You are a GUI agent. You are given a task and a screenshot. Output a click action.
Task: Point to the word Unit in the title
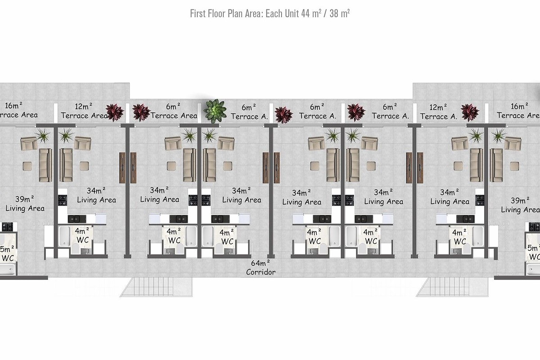292,13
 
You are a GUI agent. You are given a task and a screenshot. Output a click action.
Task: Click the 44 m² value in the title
311,13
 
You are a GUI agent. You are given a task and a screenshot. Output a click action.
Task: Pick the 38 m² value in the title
340,13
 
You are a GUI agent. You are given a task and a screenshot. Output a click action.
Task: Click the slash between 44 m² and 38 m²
325,14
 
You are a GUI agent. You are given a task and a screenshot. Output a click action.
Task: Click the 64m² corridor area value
260,263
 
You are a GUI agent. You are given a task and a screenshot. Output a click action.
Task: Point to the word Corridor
261,272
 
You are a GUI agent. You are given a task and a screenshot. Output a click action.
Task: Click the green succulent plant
215,111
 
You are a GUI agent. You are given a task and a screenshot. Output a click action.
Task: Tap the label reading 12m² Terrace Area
84,111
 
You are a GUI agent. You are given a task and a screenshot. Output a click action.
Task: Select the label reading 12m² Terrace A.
438,112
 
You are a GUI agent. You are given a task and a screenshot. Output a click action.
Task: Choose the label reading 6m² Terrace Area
174,111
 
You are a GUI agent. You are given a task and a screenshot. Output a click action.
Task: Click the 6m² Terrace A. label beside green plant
249,112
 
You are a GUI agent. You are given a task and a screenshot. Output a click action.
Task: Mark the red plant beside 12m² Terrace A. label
470,112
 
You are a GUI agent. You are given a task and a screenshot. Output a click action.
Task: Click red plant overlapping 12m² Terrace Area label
115,112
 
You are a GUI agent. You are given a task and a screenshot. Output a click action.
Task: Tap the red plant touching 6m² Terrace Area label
141,112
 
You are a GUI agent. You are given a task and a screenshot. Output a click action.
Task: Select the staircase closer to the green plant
156,287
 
